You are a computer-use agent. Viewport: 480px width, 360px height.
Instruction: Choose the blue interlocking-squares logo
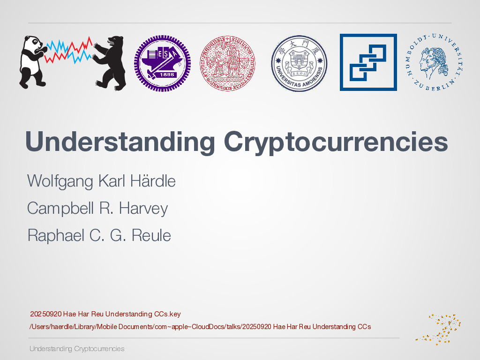point(368,62)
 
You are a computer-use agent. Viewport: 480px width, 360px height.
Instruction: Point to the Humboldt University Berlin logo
point(434,62)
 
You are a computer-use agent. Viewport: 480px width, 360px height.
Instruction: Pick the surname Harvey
point(143,208)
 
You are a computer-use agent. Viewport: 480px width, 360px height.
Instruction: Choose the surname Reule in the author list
point(151,235)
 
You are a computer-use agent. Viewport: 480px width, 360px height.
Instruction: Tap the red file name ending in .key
point(105,314)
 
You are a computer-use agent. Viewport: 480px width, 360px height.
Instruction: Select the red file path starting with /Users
point(200,326)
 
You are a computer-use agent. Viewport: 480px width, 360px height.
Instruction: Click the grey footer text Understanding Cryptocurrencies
point(77,349)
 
